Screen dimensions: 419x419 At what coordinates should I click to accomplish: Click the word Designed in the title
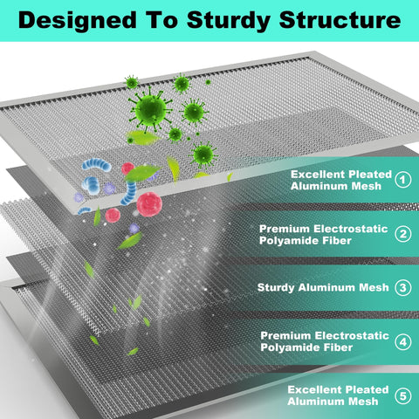(78, 21)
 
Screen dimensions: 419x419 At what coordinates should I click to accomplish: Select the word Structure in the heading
(340, 20)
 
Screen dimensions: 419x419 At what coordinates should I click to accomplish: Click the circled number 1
(403, 180)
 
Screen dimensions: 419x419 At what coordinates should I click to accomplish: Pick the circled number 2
(403, 234)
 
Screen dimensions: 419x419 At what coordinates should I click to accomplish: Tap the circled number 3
(403, 288)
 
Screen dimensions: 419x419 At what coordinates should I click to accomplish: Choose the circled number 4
(403, 342)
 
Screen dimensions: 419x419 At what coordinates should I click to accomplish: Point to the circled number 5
(403, 396)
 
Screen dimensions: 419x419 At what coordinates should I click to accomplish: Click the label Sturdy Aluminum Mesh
(323, 288)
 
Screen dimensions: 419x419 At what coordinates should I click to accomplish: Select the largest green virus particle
(150, 110)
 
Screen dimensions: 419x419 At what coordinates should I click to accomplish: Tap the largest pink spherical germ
(149, 204)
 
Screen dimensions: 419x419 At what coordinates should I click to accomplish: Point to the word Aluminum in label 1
(319, 186)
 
